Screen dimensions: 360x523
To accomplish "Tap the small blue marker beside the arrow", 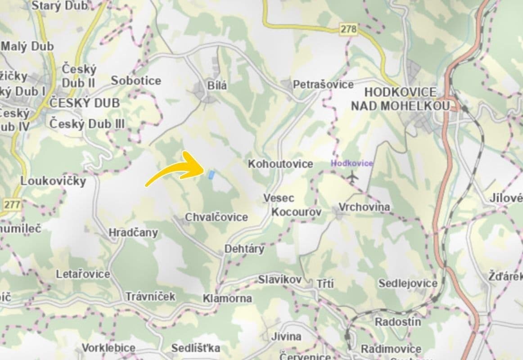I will click(x=211, y=175).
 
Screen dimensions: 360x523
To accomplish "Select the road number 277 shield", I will click(x=12, y=205).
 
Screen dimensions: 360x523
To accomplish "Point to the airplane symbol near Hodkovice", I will click(x=352, y=177).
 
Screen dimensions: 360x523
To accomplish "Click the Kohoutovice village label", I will click(x=280, y=164).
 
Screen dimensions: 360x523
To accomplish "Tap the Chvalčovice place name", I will click(x=216, y=218).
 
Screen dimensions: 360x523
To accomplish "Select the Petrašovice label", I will click(x=323, y=85).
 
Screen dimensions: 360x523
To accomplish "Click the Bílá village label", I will click(x=217, y=85).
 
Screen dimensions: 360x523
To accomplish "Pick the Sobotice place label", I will click(x=136, y=81).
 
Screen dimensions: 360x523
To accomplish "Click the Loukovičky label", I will click(x=53, y=181).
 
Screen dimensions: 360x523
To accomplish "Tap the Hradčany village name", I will click(x=133, y=233).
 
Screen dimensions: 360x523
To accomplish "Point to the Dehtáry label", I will click(x=244, y=249).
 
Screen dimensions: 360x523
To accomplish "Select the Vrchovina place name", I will click(x=364, y=207).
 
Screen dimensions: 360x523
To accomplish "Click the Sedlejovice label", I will click(x=408, y=283).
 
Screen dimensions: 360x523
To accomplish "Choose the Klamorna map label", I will click(x=227, y=298).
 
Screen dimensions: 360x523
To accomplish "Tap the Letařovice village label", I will click(x=83, y=274).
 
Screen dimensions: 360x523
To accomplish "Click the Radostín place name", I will click(x=398, y=322).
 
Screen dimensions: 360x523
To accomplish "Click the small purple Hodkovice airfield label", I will click(x=352, y=163).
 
